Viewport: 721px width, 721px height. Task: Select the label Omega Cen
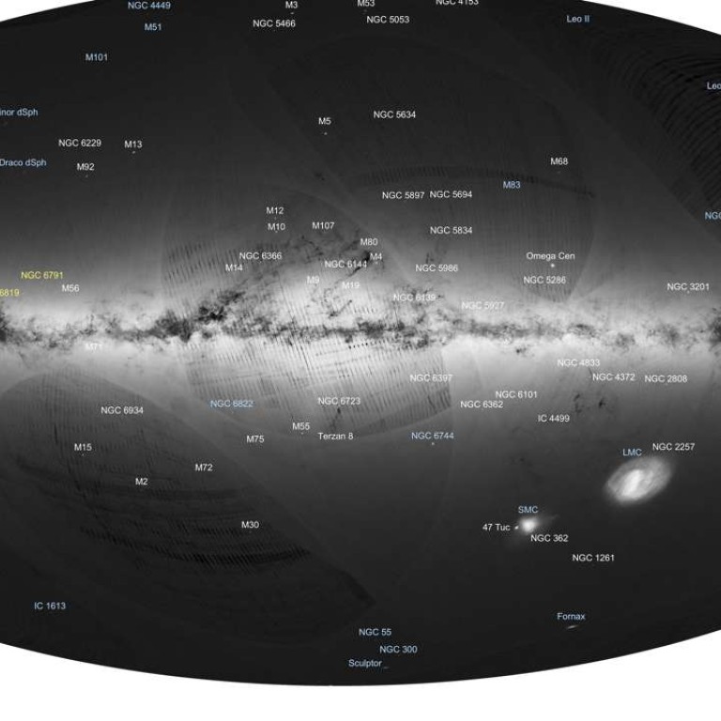coord(550,255)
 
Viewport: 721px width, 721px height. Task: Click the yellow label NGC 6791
coord(41,275)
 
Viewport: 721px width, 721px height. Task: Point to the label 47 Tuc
coord(496,528)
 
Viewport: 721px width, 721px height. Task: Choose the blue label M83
coord(512,185)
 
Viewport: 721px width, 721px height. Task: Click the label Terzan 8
coord(335,437)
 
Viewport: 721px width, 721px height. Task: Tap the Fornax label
coord(571,617)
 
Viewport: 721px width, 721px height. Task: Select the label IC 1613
coord(50,606)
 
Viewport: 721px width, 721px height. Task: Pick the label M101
coord(97,57)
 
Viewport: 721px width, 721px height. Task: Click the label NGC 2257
coord(673,447)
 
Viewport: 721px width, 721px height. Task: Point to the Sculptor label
coord(365,663)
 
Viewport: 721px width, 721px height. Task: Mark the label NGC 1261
coord(593,558)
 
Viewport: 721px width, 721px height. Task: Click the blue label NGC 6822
coord(232,404)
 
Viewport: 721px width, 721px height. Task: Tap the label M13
coord(133,145)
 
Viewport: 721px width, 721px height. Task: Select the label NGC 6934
coord(122,410)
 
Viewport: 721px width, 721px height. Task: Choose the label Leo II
coord(578,19)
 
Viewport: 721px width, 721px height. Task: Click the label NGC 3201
coord(688,286)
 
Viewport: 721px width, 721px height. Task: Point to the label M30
coord(250,525)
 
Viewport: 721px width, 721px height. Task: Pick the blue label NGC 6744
coord(432,437)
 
